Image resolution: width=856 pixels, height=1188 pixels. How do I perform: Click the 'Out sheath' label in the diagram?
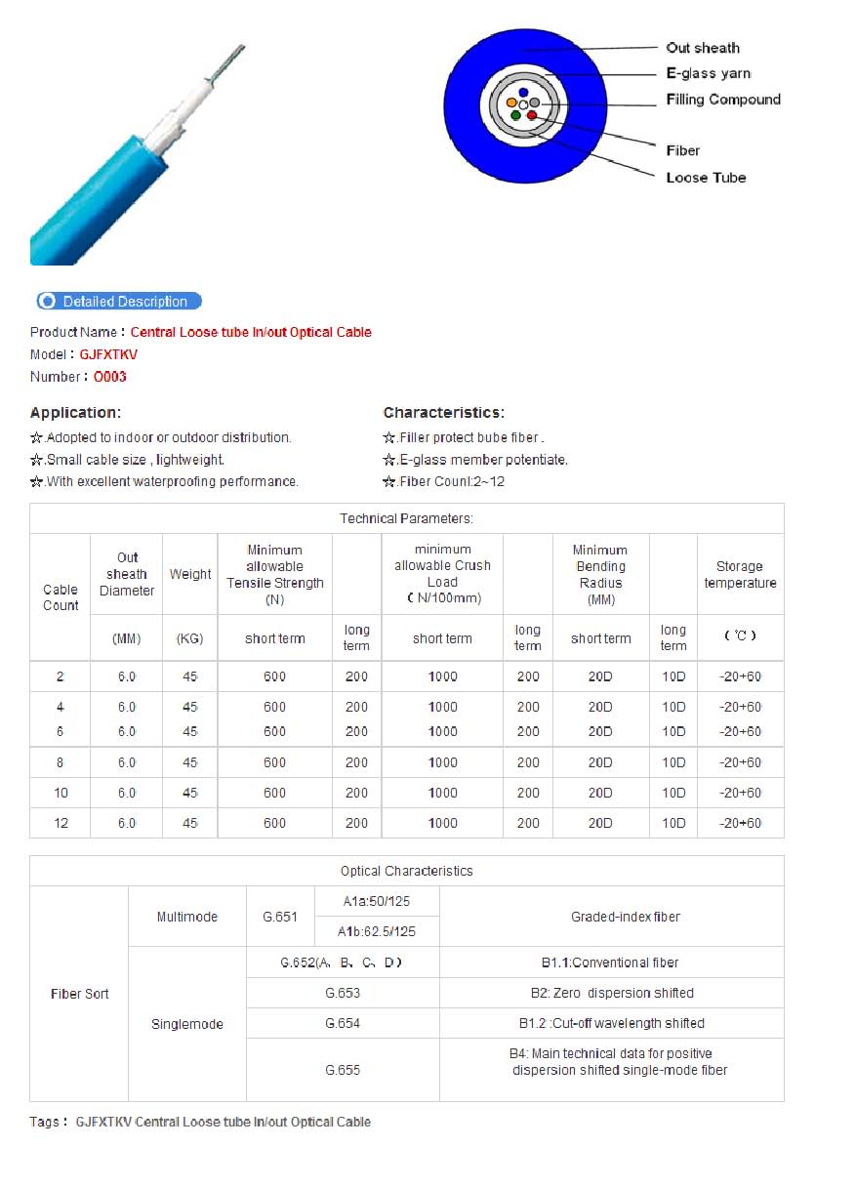703,48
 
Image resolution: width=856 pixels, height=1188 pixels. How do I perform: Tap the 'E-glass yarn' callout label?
709,73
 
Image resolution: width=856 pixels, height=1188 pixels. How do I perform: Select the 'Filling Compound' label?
723,100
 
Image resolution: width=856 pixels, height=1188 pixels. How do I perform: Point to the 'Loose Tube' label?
706,178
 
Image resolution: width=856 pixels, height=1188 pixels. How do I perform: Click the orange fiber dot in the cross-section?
511,102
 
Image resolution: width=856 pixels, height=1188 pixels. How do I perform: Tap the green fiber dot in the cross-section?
515,116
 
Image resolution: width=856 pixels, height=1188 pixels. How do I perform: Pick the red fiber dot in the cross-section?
532,116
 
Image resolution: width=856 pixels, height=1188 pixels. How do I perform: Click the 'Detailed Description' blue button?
119,302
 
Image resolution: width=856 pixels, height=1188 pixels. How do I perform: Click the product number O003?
110,377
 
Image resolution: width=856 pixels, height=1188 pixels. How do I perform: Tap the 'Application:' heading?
76,413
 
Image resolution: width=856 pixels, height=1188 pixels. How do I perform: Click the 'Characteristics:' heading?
443,413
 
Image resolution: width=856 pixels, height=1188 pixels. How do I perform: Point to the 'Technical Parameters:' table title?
406,518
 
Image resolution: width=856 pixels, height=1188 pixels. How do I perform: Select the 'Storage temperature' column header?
740,574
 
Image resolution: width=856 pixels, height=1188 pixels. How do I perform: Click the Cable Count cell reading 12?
61,823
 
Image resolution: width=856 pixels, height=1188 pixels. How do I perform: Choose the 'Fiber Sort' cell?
79,994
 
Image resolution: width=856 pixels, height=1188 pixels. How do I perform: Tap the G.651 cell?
280,917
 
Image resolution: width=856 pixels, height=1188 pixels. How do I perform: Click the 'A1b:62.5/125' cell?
377,931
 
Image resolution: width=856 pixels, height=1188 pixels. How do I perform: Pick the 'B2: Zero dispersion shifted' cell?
611,993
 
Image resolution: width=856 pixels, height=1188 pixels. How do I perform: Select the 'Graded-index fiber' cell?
611,917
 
